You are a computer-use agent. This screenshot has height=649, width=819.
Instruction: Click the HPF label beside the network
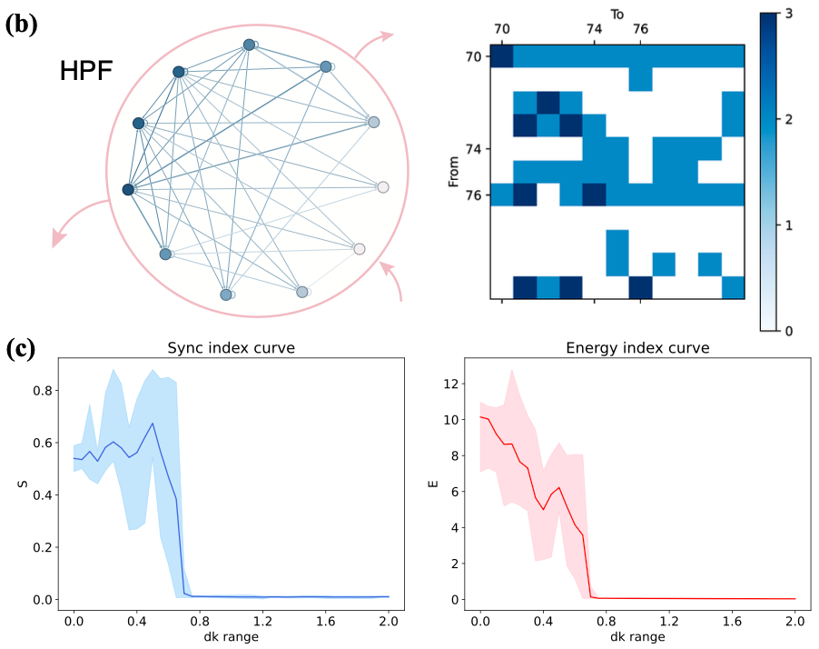point(86,70)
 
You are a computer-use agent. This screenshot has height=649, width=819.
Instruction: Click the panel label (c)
point(21,350)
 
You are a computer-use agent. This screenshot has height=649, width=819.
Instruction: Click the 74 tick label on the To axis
point(594,30)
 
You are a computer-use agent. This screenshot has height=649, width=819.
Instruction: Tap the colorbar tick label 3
point(789,13)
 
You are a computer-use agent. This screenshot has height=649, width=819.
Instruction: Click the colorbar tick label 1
point(789,225)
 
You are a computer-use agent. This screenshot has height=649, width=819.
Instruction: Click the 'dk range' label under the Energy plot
point(636,636)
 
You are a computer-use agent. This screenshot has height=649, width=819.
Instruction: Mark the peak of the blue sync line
point(153,423)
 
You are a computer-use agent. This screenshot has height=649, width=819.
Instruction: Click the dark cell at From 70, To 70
point(502,56)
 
